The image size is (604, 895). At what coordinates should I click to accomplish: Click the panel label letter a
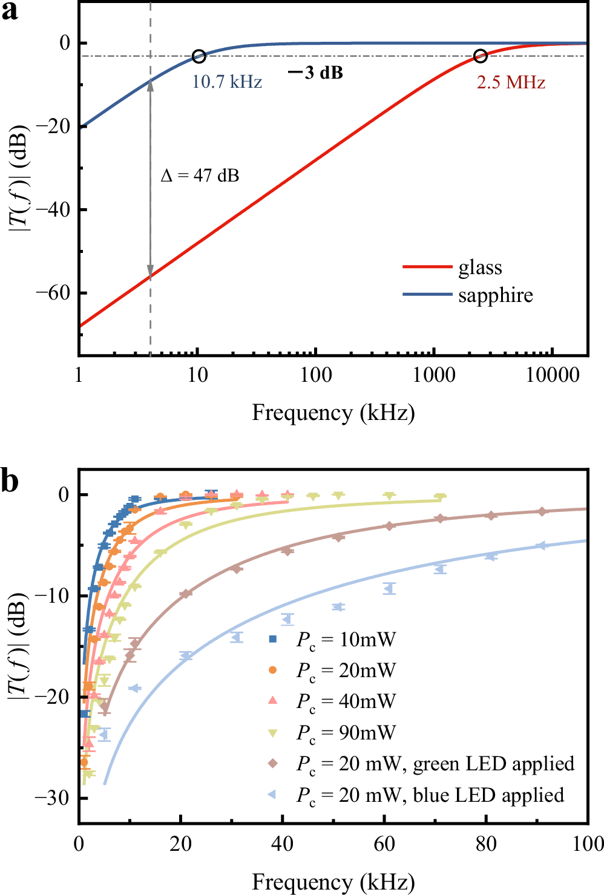[10, 12]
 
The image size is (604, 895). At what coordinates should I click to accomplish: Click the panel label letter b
[10, 482]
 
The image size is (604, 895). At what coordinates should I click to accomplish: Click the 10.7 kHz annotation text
[227, 82]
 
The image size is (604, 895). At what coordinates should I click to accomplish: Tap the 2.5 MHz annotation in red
[511, 82]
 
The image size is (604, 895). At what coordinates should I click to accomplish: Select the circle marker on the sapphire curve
[199, 56]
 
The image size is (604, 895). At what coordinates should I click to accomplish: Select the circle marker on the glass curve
[480, 56]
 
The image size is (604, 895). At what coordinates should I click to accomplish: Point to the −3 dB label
[316, 73]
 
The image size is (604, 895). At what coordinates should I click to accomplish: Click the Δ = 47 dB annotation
[200, 175]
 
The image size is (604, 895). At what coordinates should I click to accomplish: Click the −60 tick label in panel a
[53, 293]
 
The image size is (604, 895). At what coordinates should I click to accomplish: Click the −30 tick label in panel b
[53, 798]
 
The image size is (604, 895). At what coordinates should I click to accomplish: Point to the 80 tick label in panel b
[486, 844]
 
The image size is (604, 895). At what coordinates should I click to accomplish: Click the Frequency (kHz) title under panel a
[333, 413]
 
